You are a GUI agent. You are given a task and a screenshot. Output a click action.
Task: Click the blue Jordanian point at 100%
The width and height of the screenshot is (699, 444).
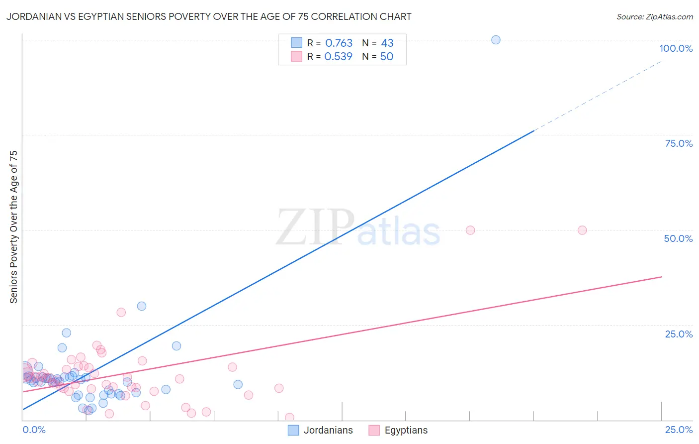[x=496, y=40]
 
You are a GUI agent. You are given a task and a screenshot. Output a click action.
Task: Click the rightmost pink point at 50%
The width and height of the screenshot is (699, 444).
[x=582, y=230]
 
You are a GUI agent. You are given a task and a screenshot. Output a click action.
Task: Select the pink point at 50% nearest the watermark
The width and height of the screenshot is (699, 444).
[x=470, y=230]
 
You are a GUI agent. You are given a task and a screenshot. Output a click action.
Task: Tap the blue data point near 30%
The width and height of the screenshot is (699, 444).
[x=142, y=306]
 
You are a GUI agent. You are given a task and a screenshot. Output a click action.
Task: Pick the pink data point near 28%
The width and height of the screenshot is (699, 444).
[x=121, y=313]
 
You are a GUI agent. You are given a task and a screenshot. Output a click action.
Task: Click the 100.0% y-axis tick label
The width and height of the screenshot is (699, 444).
[x=676, y=48]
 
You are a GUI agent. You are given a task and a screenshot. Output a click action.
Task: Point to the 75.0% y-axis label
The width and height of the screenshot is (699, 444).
[x=679, y=143]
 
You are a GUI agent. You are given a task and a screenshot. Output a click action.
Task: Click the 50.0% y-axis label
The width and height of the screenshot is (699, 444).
[x=678, y=238]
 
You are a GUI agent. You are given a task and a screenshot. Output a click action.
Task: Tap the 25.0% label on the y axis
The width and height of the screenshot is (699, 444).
[x=679, y=334]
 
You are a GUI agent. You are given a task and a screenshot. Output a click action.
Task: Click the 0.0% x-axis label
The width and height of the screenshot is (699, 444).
[x=34, y=430]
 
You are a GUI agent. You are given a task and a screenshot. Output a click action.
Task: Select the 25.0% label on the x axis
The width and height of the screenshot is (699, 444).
[x=679, y=430]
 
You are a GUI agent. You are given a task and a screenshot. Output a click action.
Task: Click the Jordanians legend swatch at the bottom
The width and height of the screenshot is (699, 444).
[x=293, y=431]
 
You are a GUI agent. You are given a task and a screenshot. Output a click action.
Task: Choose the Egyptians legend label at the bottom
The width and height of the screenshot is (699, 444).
[x=406, y=431]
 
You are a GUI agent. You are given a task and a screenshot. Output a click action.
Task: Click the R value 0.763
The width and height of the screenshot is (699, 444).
[x=339, y=43]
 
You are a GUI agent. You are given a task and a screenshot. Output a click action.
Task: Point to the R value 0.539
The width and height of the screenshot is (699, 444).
[x=338, y=57]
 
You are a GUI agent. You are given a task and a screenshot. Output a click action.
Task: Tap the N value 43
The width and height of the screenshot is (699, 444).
[x=387, y=43]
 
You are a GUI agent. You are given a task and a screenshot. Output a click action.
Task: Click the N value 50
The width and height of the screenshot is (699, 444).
[x=387, y=57]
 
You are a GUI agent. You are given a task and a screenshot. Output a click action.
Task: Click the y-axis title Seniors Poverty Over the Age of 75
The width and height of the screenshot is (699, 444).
[x=14, y=227]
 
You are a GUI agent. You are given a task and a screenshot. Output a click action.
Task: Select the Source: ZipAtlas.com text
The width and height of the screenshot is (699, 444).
[x=654, y=17]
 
